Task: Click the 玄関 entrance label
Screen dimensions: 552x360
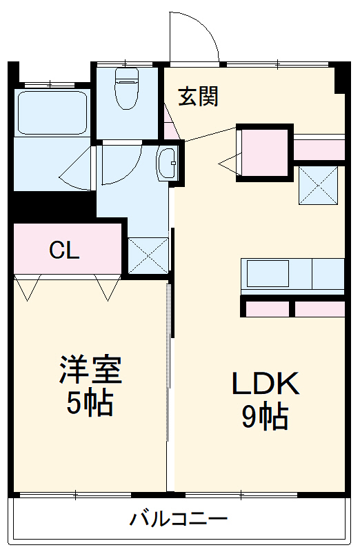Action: (x=199, y=97)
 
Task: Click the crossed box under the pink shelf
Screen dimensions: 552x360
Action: (x=318, y=185)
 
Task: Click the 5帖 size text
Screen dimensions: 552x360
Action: (x=90, y=404)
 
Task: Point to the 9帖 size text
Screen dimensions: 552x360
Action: (x=265, y=417)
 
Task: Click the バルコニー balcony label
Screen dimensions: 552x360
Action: (x=179, y=518)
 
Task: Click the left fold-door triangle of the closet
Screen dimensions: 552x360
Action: (x=28, y=288)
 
